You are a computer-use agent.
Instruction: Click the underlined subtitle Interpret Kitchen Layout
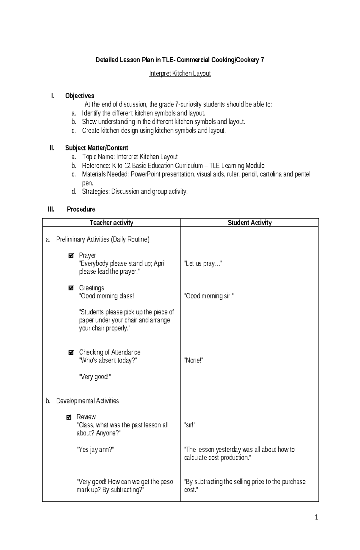pos(180,73)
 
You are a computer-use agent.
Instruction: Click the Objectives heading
pos(79,96)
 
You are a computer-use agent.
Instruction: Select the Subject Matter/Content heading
pos(97,148)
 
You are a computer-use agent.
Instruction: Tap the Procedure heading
pos(81,209)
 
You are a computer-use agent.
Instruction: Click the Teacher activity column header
pos(111,223)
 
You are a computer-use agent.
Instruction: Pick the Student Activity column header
pos(250,223)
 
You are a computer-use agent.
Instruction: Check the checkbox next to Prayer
pos(71,256)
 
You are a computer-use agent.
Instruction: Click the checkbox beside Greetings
pos(71,288)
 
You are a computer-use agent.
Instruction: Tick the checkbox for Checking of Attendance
pos(71,352)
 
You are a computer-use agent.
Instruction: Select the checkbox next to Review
pos(69,417)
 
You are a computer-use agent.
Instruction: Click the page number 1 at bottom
pos(316,517)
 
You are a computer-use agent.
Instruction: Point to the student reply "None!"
pos(193,360)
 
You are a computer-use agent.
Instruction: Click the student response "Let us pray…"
pos(203,264)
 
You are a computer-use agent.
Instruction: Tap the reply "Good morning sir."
pos(209,296)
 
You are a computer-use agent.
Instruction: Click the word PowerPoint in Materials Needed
pos(145,174)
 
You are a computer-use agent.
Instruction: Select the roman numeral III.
pos(51,209)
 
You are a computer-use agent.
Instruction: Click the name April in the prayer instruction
pos(160,263)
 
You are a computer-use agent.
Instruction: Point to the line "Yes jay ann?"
pos(95,450)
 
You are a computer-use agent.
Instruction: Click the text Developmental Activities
pos(87,401)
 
